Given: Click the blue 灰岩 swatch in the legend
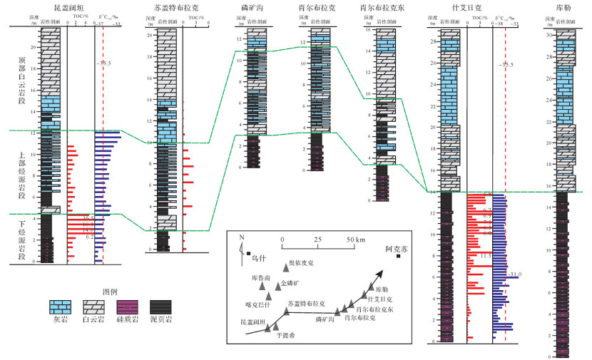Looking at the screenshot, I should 58,307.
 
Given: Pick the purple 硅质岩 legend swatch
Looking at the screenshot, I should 126,307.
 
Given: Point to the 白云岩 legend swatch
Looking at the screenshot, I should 91,307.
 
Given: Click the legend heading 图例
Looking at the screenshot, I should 109,292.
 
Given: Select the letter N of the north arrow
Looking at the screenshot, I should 241,240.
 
